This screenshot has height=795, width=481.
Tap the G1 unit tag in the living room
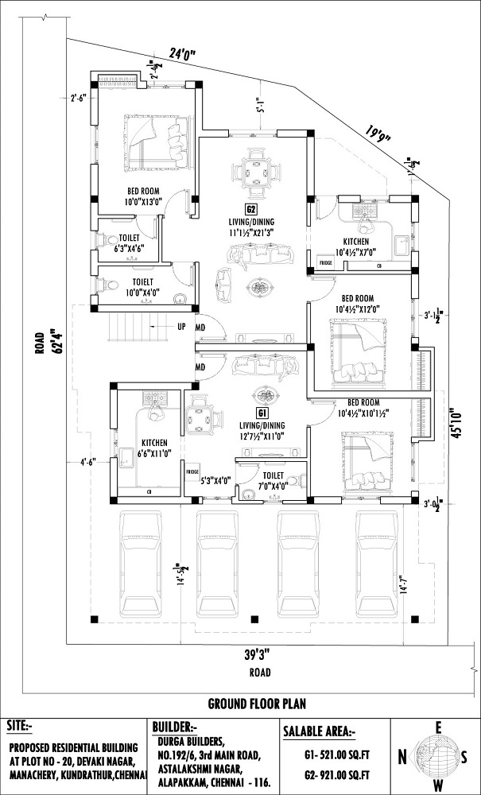[x=261, y=413]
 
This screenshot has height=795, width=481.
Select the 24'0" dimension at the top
[x=182, y=54]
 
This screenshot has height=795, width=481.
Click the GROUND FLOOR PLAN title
[x=257, y=704]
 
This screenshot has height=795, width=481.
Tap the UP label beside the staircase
[x=181, y=326]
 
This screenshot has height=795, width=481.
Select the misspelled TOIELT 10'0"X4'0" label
[x=144, y=287]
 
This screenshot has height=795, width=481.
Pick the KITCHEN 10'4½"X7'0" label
[x=355, y=246]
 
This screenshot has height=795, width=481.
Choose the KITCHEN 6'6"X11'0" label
[x=153, y=448]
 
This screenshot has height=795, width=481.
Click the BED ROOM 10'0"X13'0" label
[x=145, y=196]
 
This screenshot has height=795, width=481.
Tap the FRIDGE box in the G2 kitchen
[x=325, y=262]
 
